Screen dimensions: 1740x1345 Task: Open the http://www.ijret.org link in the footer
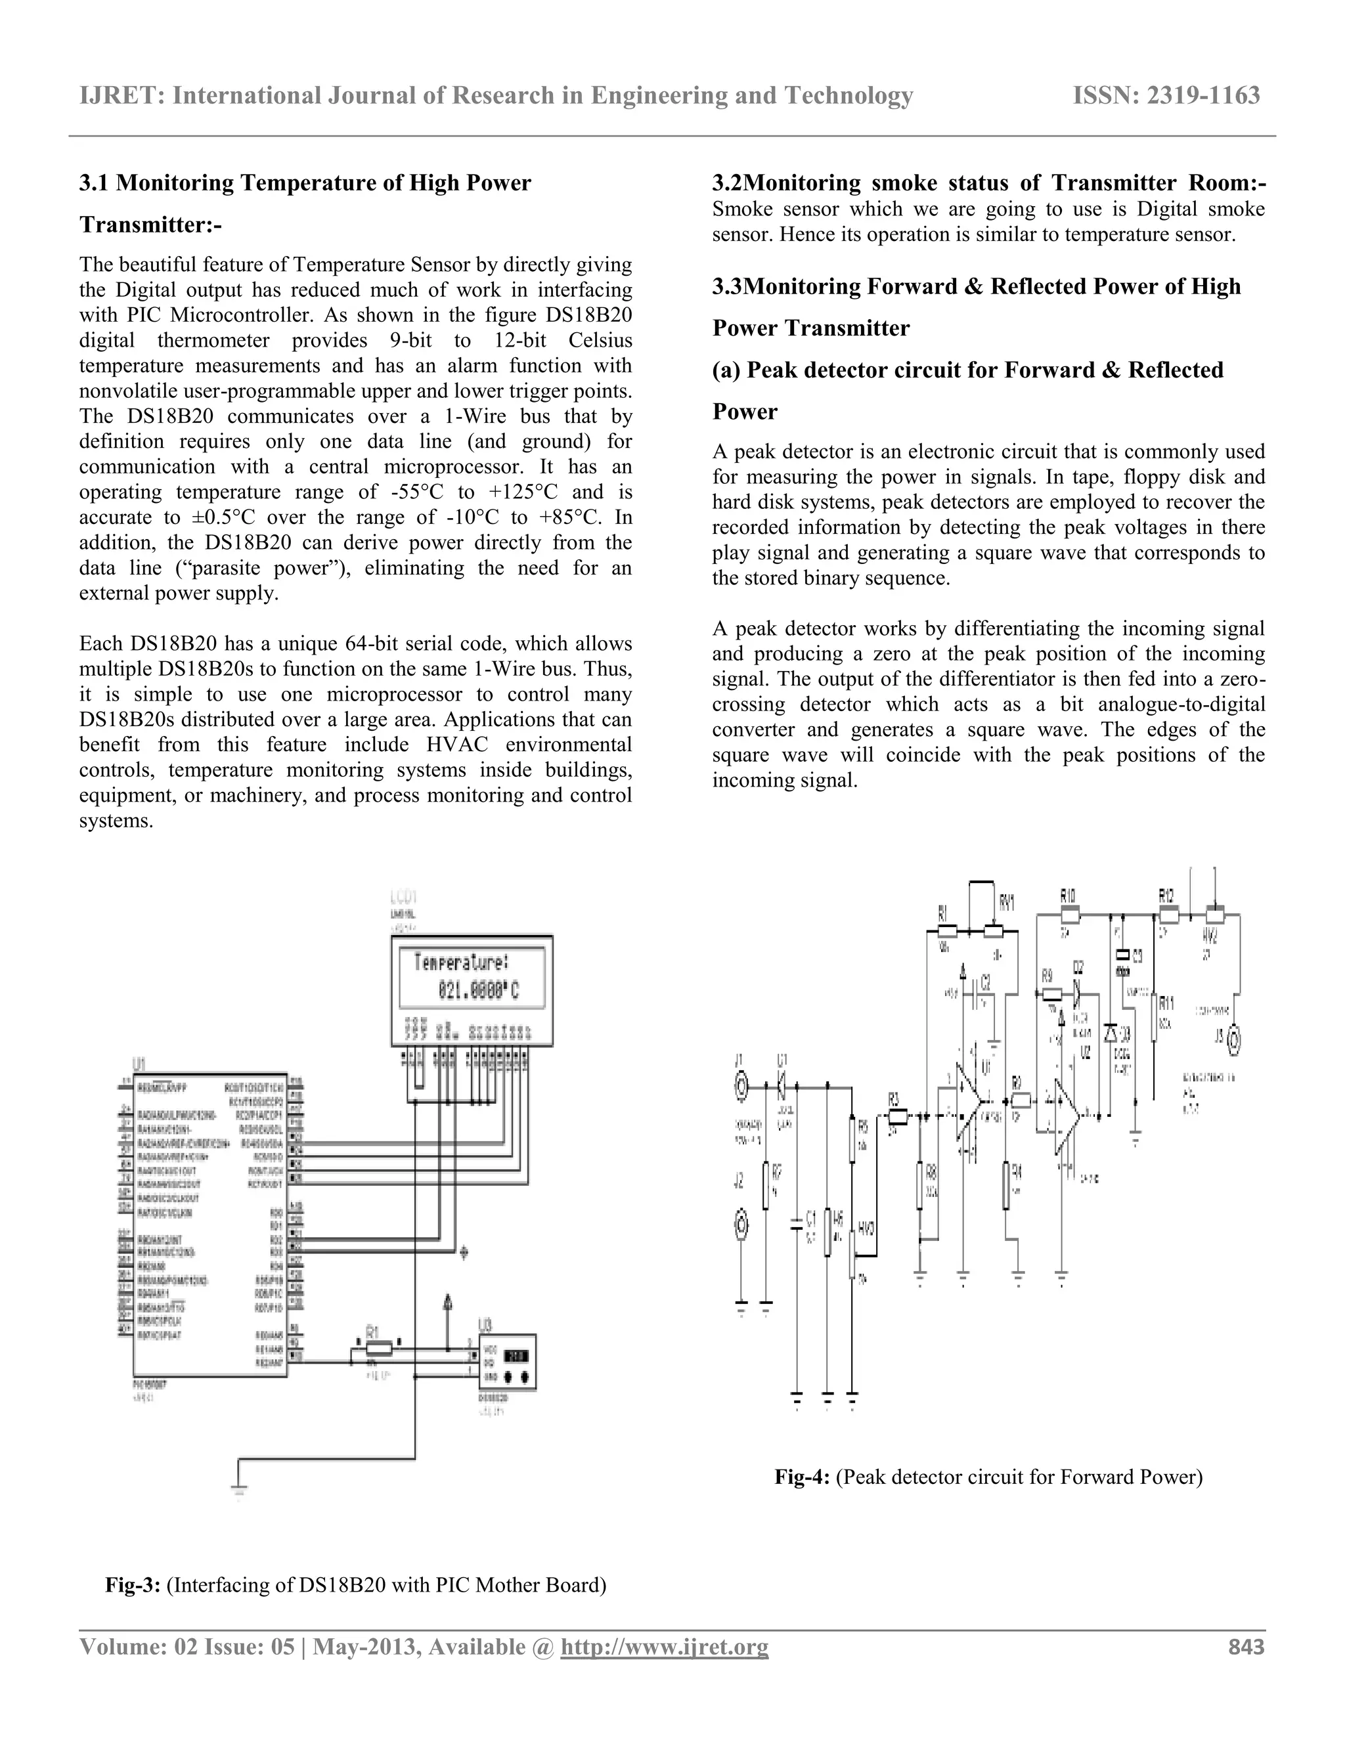tap(665, 1647)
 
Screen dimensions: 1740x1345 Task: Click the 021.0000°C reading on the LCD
tap(478, 991)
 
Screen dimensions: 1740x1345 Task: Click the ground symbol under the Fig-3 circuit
tap(238, 1489)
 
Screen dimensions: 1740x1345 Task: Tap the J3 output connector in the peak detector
tap(1234, 1039)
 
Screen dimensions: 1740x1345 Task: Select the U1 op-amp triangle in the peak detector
tap(970, 1098)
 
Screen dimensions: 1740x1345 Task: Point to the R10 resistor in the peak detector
tap(1069, 914)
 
